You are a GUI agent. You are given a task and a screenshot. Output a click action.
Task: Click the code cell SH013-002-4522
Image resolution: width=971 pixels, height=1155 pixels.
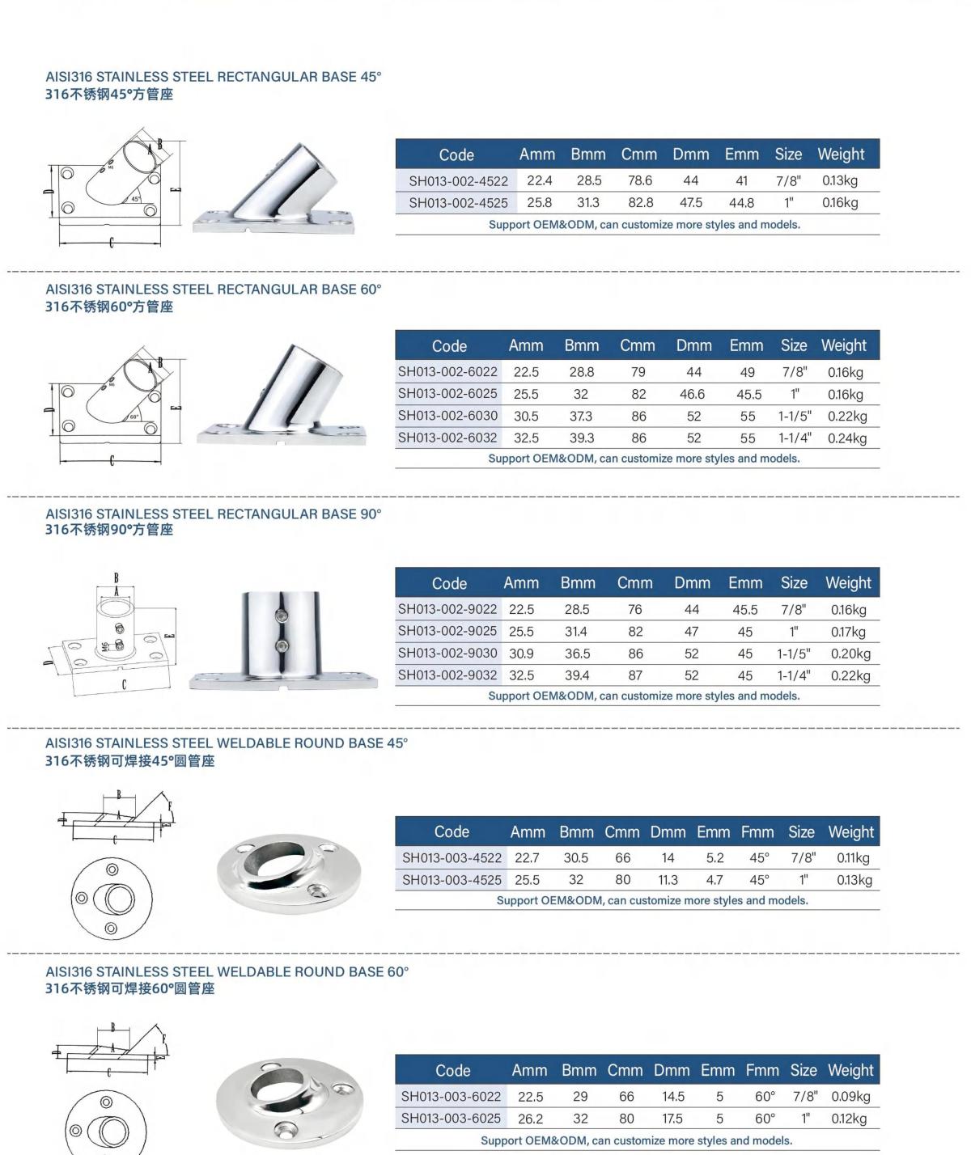tap(458, 181)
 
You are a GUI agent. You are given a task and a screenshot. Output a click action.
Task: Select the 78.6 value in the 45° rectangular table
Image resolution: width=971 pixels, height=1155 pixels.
tap(639, 181)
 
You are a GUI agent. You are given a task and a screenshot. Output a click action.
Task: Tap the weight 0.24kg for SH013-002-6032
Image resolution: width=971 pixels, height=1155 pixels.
tap(846, 438)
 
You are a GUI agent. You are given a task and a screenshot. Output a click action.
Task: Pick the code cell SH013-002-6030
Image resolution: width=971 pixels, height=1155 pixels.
tap(447, 416)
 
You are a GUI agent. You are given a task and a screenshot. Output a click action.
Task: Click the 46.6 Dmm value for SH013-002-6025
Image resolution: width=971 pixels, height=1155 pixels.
tap(693, 395)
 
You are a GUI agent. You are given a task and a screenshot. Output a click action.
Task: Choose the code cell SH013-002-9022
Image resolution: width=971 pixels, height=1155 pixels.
tap(447, 609)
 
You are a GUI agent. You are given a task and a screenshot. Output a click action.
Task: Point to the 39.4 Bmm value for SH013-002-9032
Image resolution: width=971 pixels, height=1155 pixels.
tap(577, 675)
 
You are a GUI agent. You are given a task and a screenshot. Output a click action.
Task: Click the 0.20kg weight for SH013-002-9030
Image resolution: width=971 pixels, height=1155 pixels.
tap(850, 654)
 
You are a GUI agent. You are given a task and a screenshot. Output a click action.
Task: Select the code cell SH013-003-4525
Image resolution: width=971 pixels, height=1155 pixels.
tap(452, 880)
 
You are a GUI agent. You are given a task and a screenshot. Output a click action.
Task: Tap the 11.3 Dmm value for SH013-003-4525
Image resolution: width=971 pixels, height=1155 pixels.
tap(668, 880)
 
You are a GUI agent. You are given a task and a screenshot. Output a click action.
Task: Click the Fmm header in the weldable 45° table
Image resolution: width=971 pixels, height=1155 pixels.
tap(757, 832)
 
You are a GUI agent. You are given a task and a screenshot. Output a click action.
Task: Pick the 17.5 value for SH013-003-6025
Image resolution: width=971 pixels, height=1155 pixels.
tap(672, 1119)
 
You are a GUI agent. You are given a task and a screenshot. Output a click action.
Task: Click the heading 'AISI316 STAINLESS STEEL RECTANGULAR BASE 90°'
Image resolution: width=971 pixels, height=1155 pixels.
tap(214, 514)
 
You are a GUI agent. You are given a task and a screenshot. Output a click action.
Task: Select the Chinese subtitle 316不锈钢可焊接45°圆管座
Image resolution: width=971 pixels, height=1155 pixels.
tap(130, 761)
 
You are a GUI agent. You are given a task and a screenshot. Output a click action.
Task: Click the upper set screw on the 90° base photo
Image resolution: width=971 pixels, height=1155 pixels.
tap(282, 616)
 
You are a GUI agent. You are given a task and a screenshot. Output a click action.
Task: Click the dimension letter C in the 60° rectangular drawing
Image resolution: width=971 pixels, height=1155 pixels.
tap(112, 460)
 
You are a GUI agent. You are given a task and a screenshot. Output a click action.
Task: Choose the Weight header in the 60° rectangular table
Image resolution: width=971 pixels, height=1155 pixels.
tap(843, 346)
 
